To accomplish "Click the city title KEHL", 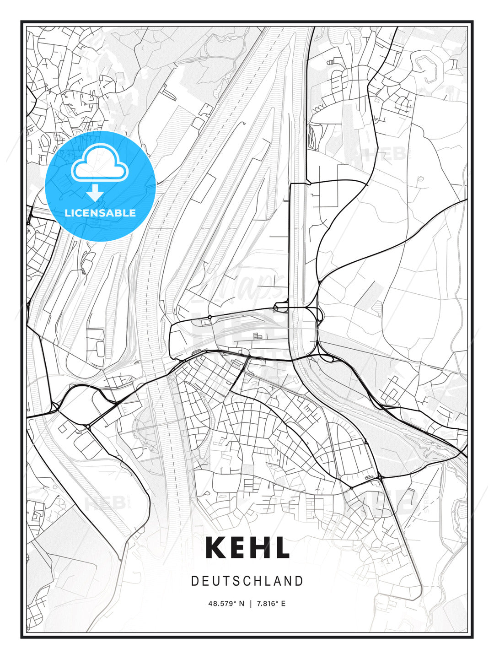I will coord(247,547).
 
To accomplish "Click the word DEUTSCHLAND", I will coord(247,581).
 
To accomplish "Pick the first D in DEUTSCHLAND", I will coord(194,581).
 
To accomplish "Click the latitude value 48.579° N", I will coord(226,604).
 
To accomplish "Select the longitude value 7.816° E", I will coord(271,604).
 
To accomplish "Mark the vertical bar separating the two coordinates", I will coord(251,604).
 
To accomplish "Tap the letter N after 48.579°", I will coord(242,604).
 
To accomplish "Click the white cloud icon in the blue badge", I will coord(99,165).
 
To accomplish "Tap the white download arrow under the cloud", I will coord(95,193).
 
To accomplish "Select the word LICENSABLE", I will coord(100,213).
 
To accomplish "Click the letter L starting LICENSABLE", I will coord(67,213).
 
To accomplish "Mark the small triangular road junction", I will coord(365,442).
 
